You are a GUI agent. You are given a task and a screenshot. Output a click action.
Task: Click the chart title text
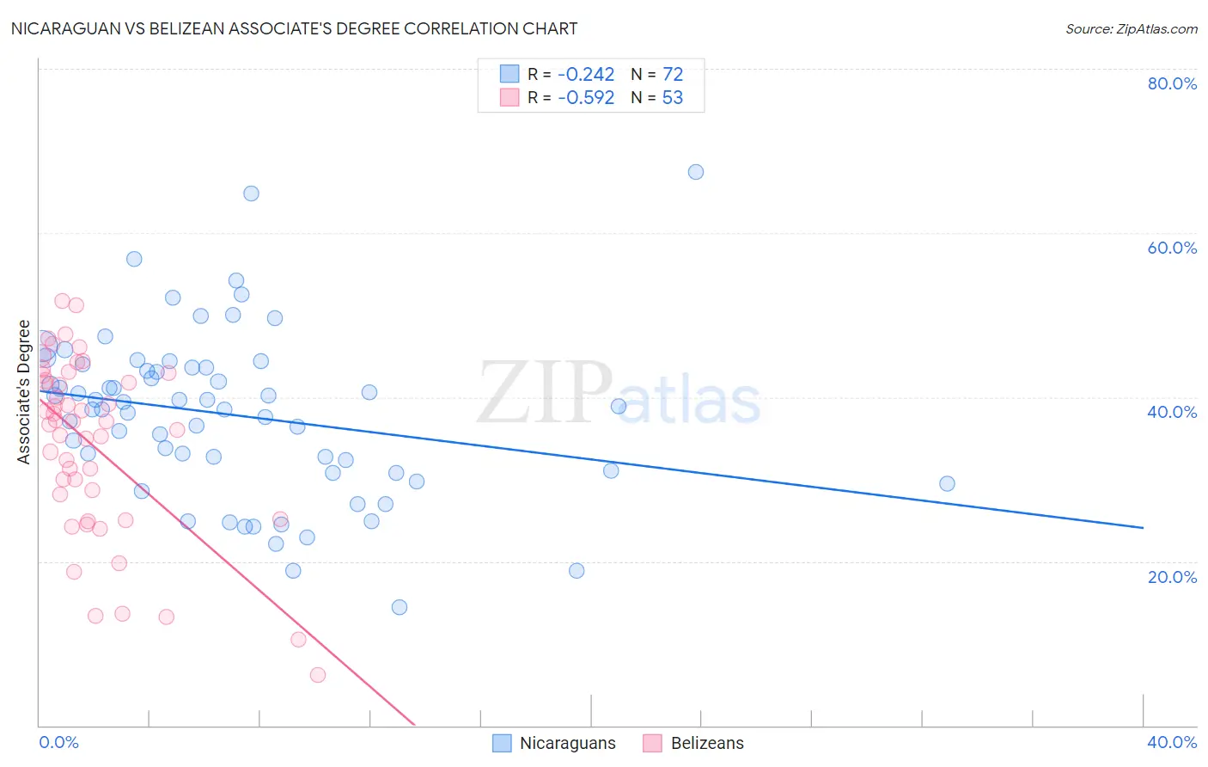coord(294,28)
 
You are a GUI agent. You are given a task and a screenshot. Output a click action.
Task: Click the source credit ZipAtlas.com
coord(1131,28)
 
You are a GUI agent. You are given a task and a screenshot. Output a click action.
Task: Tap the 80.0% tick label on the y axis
coord(1172,83)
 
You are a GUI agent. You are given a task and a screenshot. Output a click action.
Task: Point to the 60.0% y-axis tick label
coord(1172,248)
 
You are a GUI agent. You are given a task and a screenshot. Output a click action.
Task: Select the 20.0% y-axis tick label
coord(1172,576)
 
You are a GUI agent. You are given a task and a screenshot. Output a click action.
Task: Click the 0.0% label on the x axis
coord(58,742)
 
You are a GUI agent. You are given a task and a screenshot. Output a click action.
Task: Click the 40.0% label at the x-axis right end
coord(1172,742)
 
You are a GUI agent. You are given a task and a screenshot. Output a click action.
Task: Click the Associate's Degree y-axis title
coord(24,392)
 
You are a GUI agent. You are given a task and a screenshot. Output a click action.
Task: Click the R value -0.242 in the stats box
coord(586,75)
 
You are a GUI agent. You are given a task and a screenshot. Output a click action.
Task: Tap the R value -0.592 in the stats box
coord(586,98)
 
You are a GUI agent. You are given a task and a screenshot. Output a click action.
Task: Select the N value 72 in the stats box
coord(672,75)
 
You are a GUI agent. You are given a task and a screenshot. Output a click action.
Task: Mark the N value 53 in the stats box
coord(672,98)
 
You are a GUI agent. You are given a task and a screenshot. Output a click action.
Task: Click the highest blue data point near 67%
coord(696,172)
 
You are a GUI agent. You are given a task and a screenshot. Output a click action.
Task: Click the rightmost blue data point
coord(947,483)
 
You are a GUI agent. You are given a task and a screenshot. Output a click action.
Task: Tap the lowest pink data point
coord(318,675)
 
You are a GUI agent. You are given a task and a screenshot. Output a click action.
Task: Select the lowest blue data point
coord(400,607)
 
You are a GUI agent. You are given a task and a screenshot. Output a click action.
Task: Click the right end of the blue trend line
coord(1143,527)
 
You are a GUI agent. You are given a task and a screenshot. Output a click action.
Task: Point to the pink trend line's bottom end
coord(415,725)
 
